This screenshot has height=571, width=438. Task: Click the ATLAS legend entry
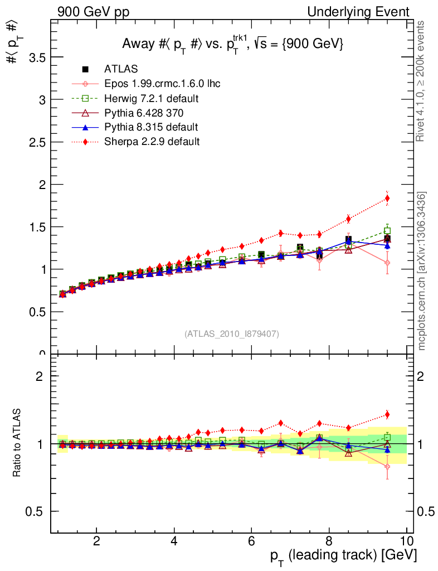(x=120, y=69)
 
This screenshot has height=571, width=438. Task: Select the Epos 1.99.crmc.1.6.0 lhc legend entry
(x=162, y=84)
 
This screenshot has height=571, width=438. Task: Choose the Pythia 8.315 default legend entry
(x=151, y=127)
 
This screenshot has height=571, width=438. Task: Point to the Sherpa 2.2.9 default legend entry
(x=152, y=142)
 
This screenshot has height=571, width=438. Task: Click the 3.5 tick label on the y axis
(x=35, y=57)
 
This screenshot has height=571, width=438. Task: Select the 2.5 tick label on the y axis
(x=35, y=142)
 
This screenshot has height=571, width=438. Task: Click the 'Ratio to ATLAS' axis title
(x=18, y=443)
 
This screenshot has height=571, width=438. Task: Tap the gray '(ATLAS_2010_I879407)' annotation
(x=232, y=334)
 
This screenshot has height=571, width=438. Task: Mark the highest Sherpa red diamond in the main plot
(x=387, y=199)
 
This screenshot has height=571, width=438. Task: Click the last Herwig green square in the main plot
(x=387, y=230)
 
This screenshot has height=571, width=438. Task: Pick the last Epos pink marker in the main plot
(x=387, y=263)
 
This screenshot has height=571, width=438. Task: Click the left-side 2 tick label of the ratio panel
(x=40, y=376)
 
